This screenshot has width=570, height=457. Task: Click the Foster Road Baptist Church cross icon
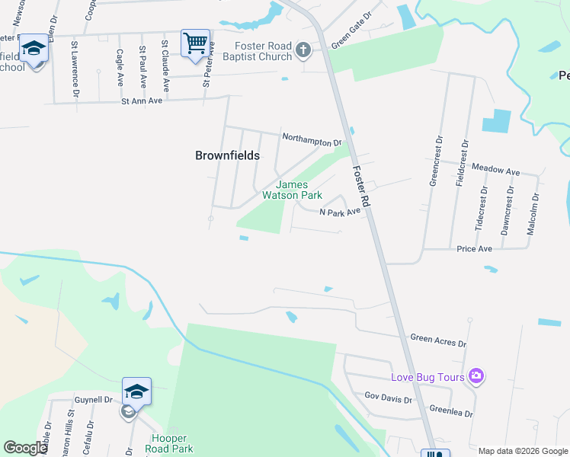(x=303, y=51)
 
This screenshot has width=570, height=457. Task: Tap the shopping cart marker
(x=195, y=42)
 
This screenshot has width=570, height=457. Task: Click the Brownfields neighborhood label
(x=227, y=155)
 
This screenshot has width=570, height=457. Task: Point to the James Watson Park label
(x=293, y=190)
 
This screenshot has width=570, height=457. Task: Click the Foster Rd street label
(x=360, y=188)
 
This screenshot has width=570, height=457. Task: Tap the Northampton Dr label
(x=312, y=141)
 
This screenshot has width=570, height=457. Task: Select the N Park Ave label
(x=339, y=213)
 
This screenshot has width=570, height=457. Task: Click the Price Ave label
(x=474, y=249)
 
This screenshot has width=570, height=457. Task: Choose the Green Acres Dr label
(x=437, y=340)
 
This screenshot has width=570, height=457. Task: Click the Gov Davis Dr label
(x=389, y=397)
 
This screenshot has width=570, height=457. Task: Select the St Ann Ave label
(x=142, y=101)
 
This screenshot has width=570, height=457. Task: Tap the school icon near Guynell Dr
(x=136, y=391)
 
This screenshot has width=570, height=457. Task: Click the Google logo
(x=26, y=449)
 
